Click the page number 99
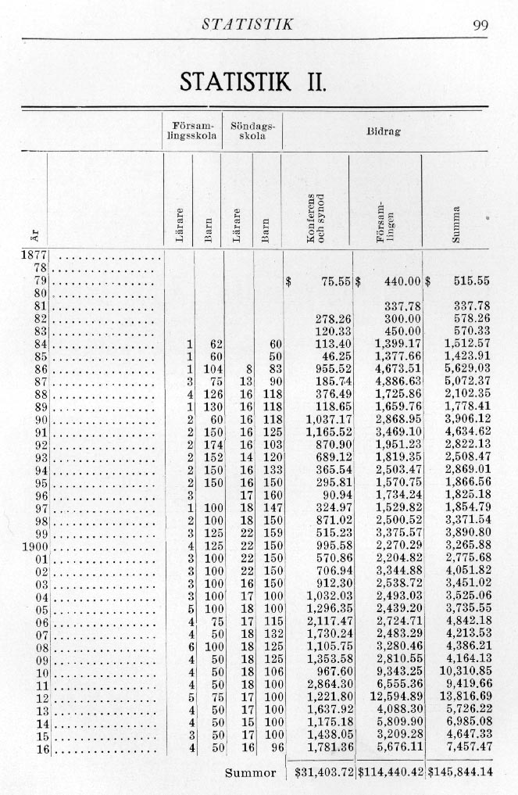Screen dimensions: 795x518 click(x=480, y=25)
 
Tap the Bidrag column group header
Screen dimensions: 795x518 click(x=383, y=132)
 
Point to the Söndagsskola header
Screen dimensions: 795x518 click(x=253, y=131)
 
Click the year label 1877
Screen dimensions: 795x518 click(x=34, y=254)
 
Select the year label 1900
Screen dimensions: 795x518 click(x=34, y=545)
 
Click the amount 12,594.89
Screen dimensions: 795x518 click(x=396, y=697)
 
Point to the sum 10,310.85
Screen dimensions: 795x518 click(x=466, y=671)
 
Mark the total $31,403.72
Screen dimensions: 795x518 click(x=320, y=772)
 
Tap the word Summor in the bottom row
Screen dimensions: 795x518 click(x=251, y=772)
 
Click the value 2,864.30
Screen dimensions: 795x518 click(x=331, y=685)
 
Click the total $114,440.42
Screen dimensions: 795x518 click(x=390, y=772)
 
